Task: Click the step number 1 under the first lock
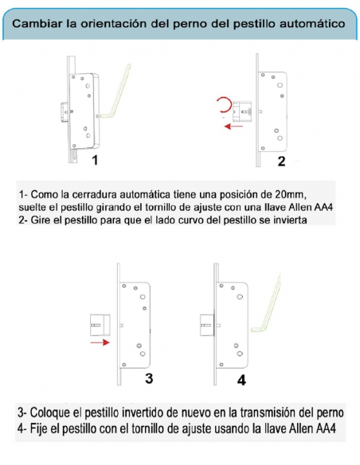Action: point(95,160)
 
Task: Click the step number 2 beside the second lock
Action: point(280,162)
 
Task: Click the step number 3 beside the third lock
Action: point(147,376)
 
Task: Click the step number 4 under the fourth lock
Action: point(242,380)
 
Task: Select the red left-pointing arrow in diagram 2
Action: point(233,126)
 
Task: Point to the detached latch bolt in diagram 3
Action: point(99,325)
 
